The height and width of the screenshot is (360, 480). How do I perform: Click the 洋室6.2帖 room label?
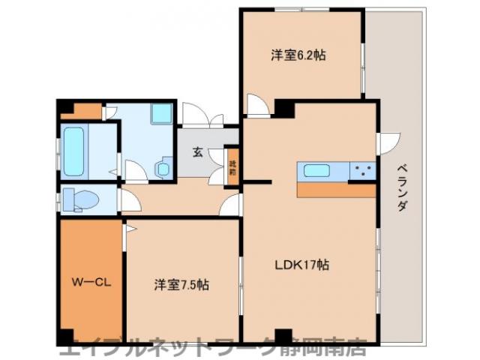298,55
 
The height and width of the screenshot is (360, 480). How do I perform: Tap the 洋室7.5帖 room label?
181,285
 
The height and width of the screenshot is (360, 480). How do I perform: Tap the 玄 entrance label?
198,152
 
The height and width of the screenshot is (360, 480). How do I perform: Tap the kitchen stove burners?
362,171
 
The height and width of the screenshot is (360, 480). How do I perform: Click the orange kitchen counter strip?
336,189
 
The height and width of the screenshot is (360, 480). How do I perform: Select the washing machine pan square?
161,114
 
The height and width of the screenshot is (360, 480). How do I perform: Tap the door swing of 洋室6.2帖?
257,106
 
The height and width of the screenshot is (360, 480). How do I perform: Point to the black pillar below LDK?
283,336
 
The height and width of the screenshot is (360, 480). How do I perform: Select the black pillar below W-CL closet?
66,337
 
